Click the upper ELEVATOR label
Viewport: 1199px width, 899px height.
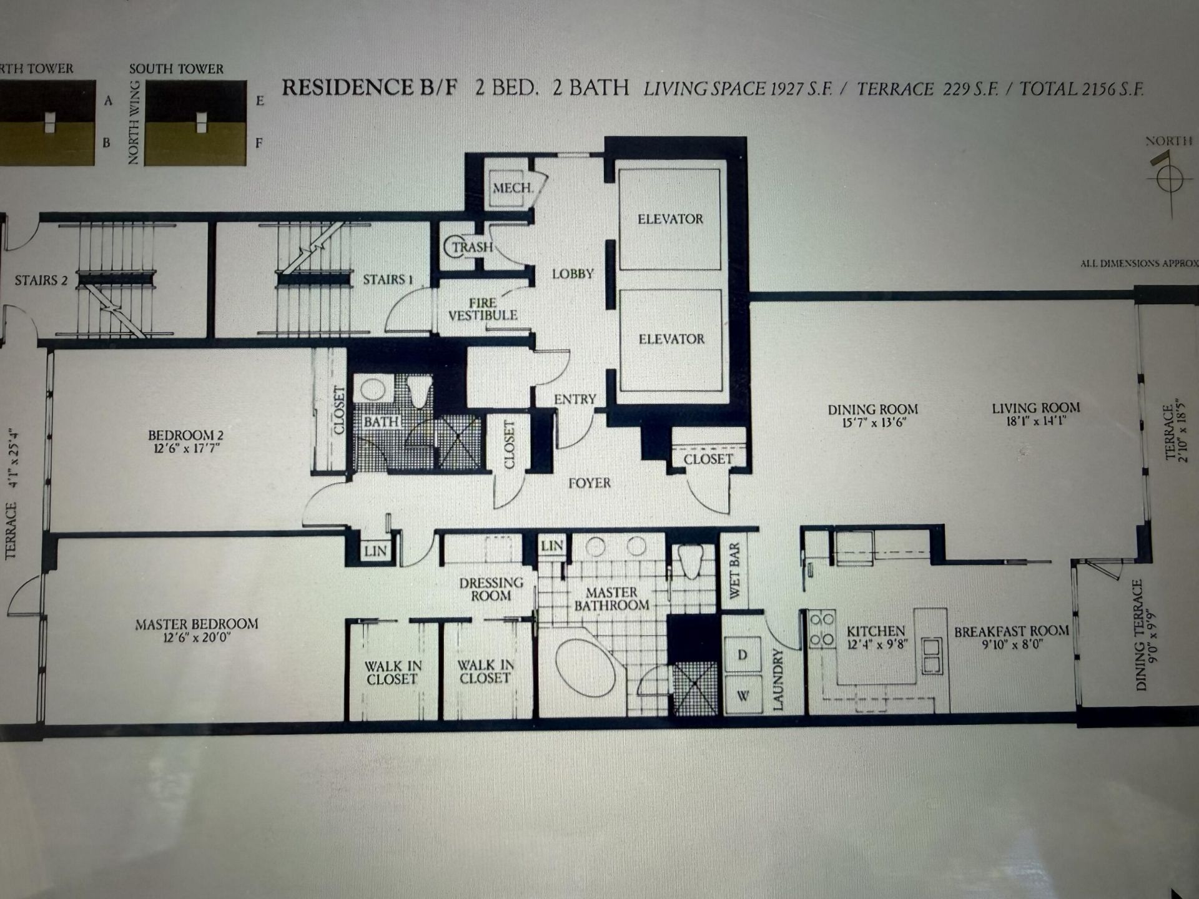tap(670, 219)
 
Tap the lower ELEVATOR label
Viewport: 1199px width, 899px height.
tap(671, 339)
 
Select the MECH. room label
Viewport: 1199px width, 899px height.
tap(513, 187)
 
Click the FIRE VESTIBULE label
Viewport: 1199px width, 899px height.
tap(483, 309)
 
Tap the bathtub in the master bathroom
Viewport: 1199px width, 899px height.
tap(585, 667)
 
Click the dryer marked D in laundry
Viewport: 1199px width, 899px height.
tap(743, 654)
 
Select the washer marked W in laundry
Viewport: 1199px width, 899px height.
tap(743, 695)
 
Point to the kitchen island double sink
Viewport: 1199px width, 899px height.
tap(931, 656)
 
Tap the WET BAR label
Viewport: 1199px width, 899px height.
tap(734, 570)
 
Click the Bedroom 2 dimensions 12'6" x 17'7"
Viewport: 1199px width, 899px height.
tap(186, 449)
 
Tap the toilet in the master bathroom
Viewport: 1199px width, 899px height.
tap(691, 561)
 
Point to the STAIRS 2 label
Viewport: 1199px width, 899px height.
tap(41, 280)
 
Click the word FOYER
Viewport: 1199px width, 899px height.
tap(589, 483)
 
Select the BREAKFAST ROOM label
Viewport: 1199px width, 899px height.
tap(1011, 631)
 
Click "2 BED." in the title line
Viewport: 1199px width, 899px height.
tap(506, 87)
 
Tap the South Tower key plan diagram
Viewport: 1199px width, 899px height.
tap(195, 123)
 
